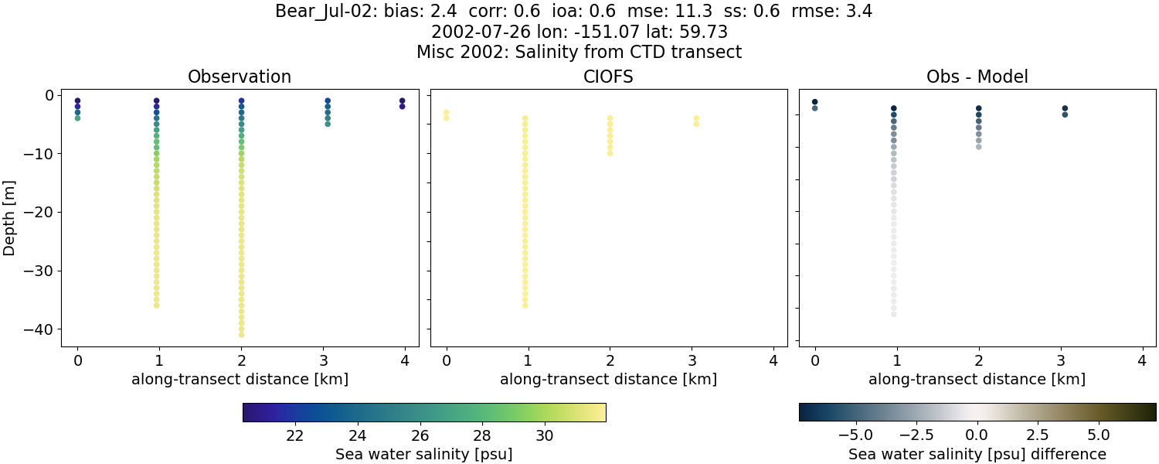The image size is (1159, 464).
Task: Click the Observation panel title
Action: coord(240,77)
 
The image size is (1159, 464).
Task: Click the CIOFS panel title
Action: coord(608,77)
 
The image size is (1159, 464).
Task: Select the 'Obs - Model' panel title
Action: coord(977,77)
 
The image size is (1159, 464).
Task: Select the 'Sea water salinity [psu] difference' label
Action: coord(977,454)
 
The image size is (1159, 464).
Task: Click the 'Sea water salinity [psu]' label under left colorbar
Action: coord(423,454)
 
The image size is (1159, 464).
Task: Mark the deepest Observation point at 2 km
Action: coord(241,334)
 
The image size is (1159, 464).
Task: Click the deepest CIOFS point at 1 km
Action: coord(525,305)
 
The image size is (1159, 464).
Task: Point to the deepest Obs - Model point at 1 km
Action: coord(894,314)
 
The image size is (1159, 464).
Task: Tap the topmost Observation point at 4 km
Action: coord(402,101)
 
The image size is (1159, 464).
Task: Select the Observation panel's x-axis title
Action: coord(240,380)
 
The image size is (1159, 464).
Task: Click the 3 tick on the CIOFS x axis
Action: coord(692,360)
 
